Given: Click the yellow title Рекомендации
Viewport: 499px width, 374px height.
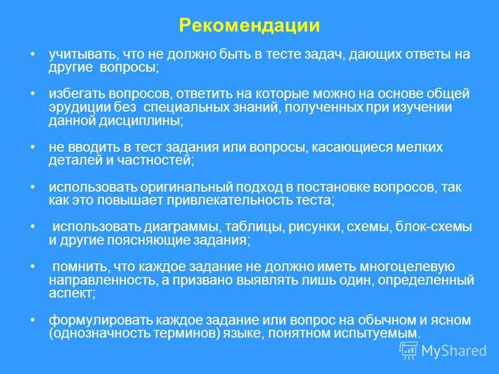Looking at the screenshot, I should pos(249,26).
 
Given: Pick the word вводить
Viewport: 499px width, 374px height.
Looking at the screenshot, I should pos(89,148).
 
